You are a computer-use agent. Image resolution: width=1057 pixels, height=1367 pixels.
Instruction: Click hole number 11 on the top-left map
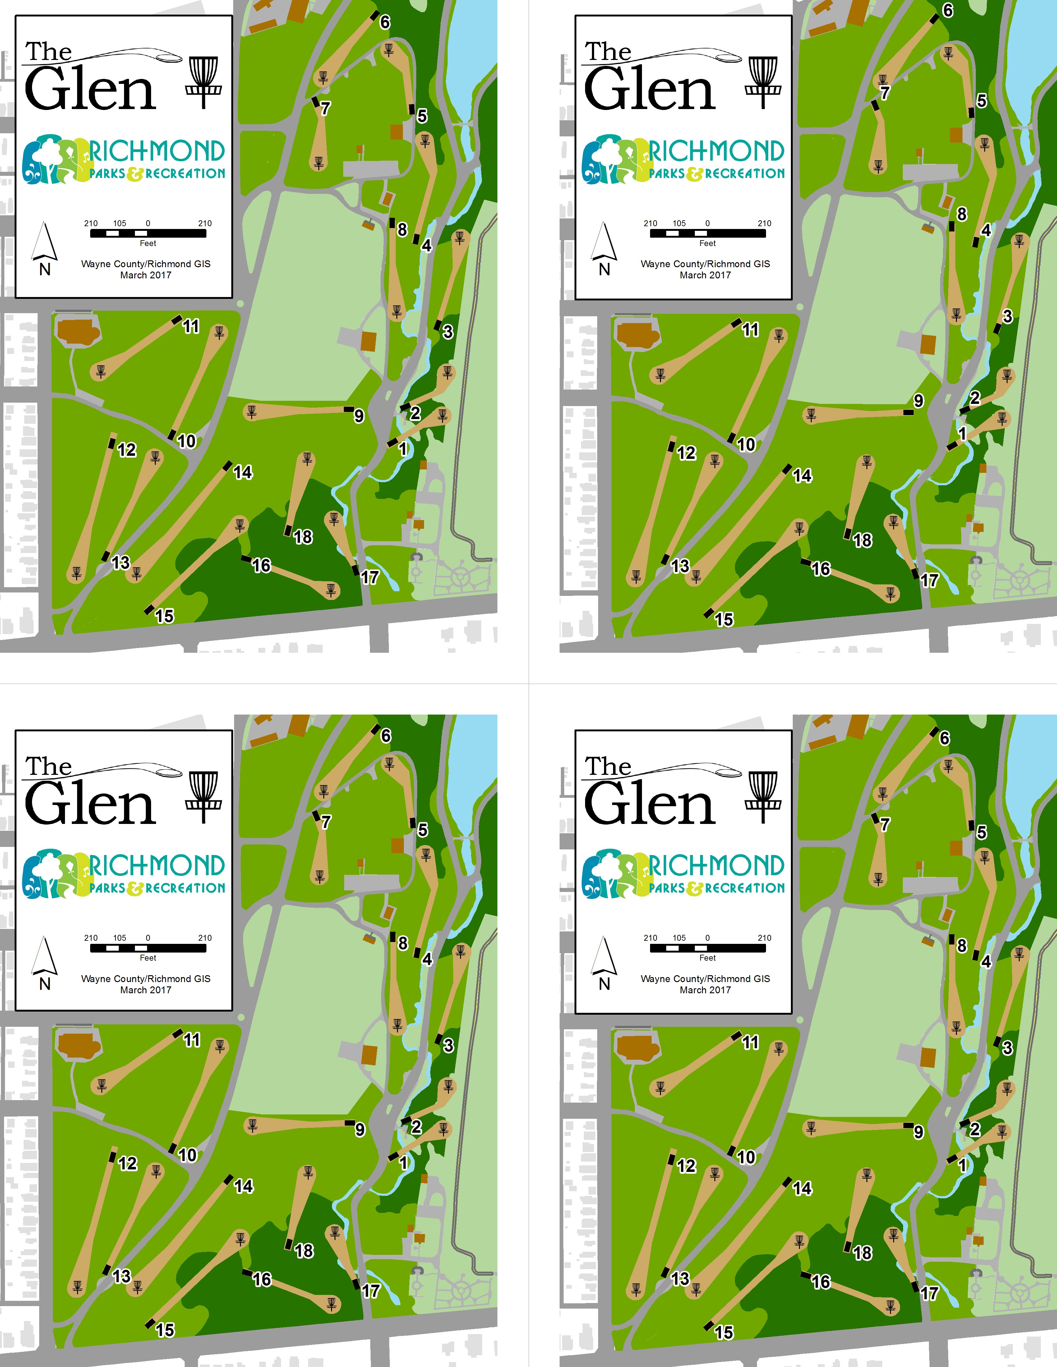pyautogui.click(x=191, y=326)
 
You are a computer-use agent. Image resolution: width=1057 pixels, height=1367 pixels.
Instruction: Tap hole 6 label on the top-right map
pyautogui.click(x=948, y=11)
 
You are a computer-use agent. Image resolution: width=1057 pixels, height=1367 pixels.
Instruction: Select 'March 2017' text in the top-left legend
pyautogui.click(x=146, y=275)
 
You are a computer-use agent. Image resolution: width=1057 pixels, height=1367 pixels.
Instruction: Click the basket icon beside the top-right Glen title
pyautogui.click(x=763, y=82)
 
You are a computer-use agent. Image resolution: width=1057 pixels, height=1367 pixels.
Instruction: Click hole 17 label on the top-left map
pyautogui.click(x=370, y=577)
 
